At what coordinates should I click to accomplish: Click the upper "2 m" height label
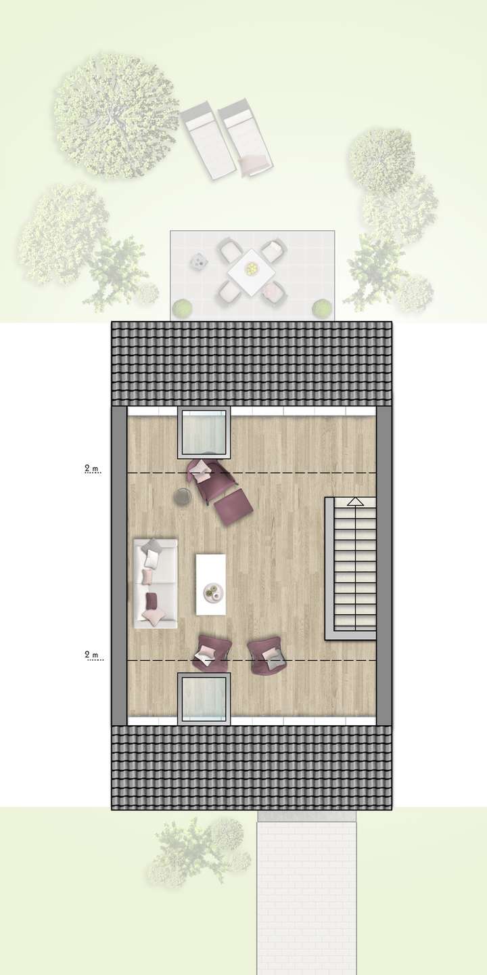pos(91,468)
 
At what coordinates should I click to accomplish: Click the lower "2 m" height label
pos(91,655)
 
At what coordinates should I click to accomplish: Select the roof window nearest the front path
pos(204,699)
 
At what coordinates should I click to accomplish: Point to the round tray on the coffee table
pos(213,592)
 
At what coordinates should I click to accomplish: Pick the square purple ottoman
pos(234,506)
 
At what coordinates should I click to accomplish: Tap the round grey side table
pos(183,497)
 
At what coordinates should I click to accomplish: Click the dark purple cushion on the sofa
pos(152,600)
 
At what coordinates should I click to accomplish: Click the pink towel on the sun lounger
pos(254,163)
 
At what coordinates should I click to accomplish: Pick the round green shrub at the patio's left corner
pos(181,309)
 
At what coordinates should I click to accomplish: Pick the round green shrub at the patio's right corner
pos(322,308)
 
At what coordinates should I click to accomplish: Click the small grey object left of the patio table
pos(199,261)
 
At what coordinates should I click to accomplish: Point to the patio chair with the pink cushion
pos(273,292)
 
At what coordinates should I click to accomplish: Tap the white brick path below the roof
pos(306,894)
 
